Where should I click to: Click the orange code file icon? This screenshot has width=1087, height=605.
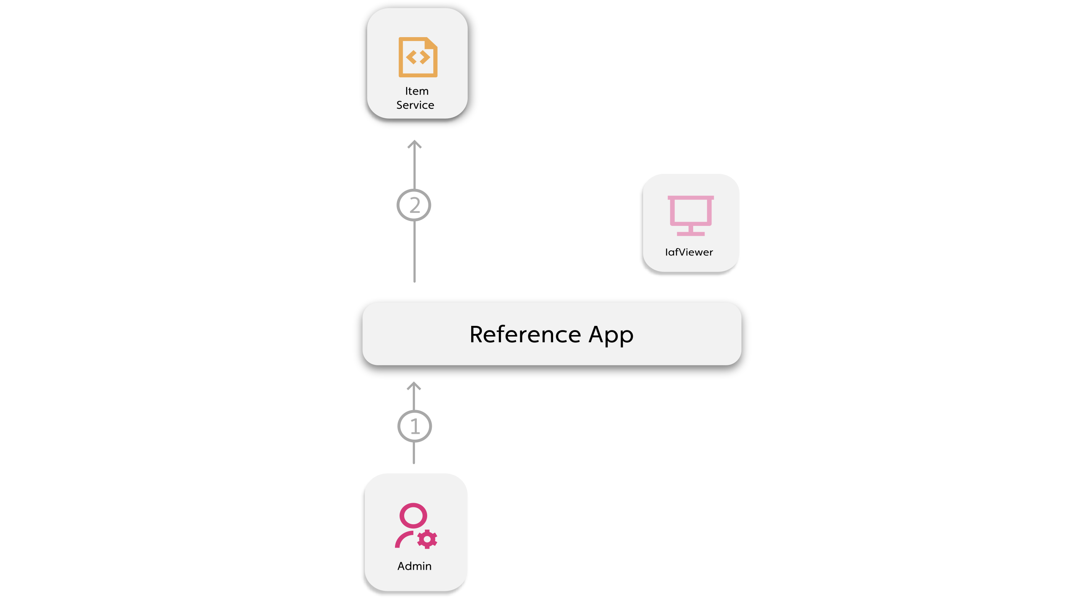418,57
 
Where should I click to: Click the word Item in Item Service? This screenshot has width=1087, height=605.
416,91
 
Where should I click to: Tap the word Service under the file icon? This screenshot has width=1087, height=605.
415,105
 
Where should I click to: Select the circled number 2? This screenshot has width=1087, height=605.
414,205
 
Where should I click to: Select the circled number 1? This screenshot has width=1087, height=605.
415,427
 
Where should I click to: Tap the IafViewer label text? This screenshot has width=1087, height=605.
689,252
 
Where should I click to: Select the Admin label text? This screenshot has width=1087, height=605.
415,566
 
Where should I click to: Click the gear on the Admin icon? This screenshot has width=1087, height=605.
427,539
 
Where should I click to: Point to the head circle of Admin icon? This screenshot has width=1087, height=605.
413,515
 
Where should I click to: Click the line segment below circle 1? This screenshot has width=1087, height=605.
414,453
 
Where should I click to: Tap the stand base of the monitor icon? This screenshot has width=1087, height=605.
690,234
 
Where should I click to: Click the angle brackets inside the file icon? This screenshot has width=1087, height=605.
418,57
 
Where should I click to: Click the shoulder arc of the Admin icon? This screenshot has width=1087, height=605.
402,539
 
